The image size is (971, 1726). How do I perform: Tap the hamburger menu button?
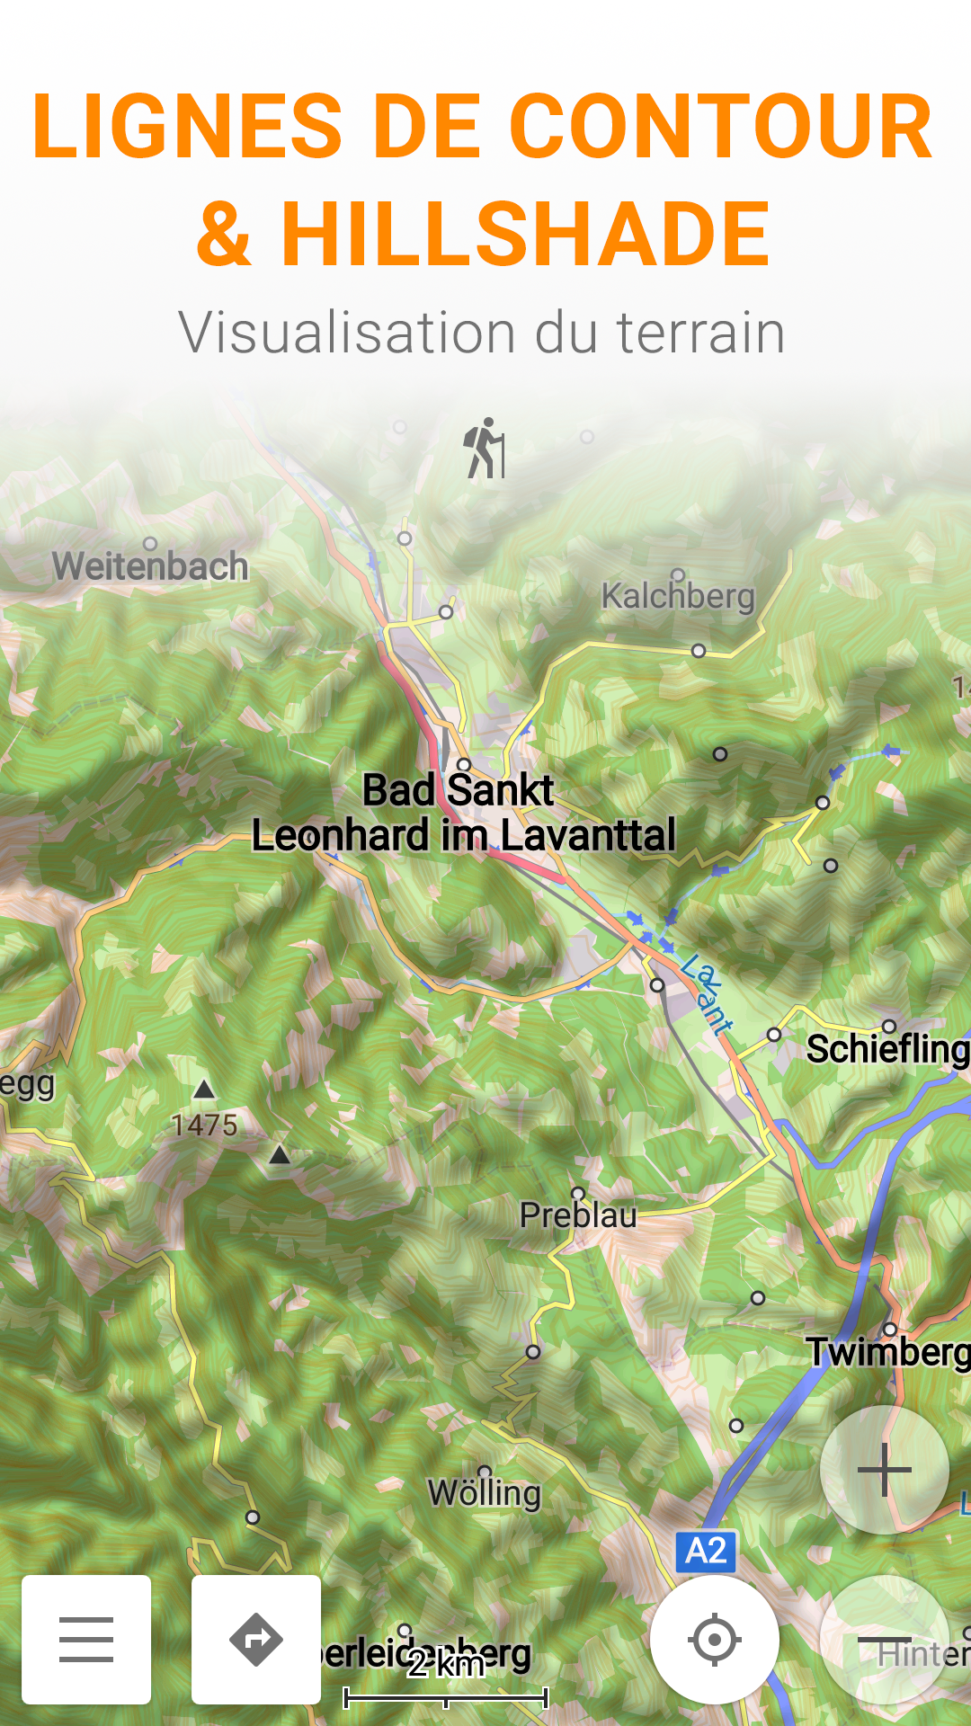tap(86, 1639)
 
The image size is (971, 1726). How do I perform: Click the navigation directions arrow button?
tap(256, 1639)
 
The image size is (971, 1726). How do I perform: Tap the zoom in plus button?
tap(885, 1470)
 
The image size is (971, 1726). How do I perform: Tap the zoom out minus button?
tap(885, 1641)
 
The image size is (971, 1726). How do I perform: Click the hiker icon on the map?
tap(485, 448)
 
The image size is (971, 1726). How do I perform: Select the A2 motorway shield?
tap(706, 1551)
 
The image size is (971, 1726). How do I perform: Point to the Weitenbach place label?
tap(150, 566)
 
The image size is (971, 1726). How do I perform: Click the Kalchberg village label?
tap(678, 595)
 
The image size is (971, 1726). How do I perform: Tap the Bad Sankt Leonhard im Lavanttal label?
tap(463, 814)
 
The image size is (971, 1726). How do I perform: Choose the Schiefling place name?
tap(887, 1049)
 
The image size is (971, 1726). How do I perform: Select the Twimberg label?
tap(887, 1352)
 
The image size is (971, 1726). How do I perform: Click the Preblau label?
tap(578, 1215)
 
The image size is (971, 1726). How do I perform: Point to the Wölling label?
tap(485, 1493)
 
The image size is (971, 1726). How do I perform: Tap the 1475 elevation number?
tap(205, 1125)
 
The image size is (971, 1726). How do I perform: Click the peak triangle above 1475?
tap(205, 1090)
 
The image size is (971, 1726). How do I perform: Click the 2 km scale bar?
tap(446, 1696)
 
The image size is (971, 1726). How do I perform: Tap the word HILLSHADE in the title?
tap(526, 235)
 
